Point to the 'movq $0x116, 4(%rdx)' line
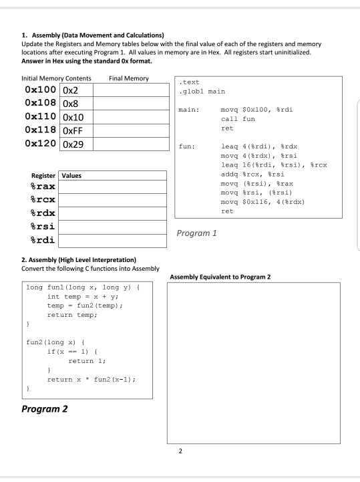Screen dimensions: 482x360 tap(262, 201)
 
